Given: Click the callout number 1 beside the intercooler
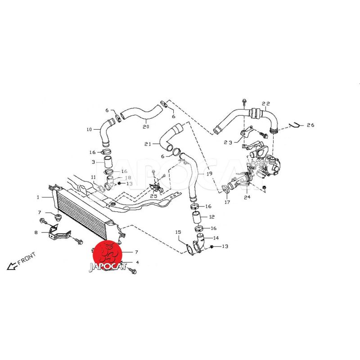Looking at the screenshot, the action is tap(38, 197).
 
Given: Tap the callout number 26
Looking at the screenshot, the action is tap(310, 125).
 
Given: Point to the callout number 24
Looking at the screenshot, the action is tap(247, 197).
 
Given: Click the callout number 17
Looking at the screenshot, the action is tap(227, 202).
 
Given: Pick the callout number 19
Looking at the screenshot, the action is tap(209, 174).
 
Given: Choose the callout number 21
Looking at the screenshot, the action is tap(148, 144).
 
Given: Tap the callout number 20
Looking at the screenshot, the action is tap(146, 126).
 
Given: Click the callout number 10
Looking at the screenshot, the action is tap(89, 130).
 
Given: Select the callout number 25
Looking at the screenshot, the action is tap(153, 196).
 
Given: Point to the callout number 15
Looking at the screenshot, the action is tap(178, 232).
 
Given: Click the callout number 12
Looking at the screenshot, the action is tap(211, 217).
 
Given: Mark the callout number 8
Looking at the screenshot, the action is tap(36, 233).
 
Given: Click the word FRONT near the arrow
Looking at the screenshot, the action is tap(27, 258).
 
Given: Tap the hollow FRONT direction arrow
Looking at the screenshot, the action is tap(13, 266).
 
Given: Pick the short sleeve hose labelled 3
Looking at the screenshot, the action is tap(108, 162).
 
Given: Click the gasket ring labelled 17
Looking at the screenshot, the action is tap(225, 189).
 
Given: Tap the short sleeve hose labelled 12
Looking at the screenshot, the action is tap(196, 218).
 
